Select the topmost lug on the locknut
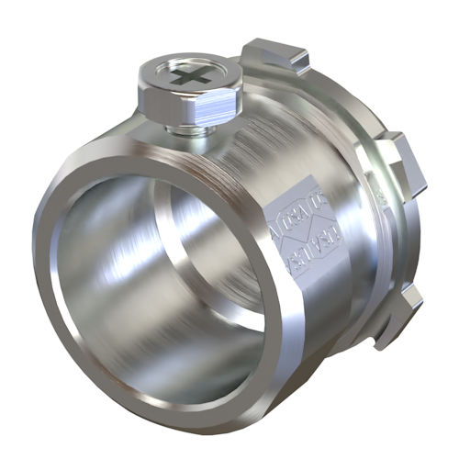tap(275, 55)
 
